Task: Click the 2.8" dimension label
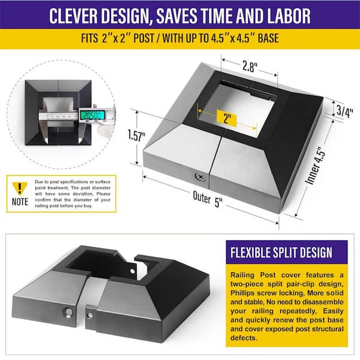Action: pyautogui.click(x=250, y=67)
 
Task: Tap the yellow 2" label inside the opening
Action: pyautogui.click(x=227, y=118)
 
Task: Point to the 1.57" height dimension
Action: pyautogui.click(x=136, y=136)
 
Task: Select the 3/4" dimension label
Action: pyautogui.click(x=344, y=111)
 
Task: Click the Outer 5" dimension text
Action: pyautogui.click(x=208, y=199)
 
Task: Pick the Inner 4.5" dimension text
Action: pyautogui.click(x=315, y=164)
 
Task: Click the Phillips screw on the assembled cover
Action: pyautogui.click(x=200, y=177)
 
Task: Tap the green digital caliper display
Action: pyautogui.click(x=92, y=115)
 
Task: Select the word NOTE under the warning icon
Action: pyautogui.click(x=20, y=202)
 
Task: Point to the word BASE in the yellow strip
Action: pyautogui.click(x=268, y=38)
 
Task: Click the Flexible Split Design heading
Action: pyautogui.click(x=281, y=253)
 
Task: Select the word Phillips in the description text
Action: pyautogui.click(x=242, y=293)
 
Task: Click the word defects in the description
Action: pyautogui.click(x=244, y=338)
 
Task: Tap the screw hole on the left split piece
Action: pyautogui.click(x=68, y=312)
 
